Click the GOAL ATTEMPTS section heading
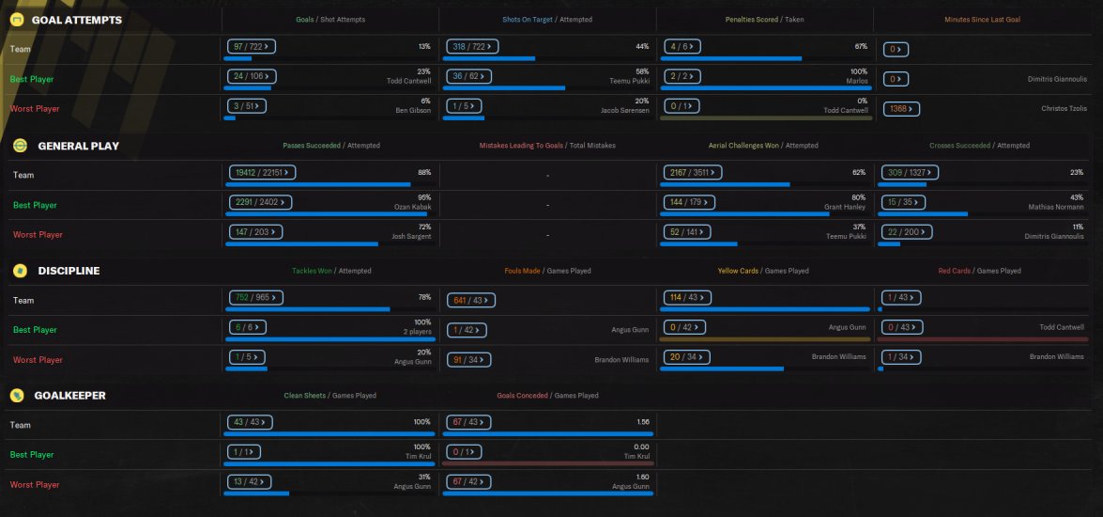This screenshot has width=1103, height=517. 76,20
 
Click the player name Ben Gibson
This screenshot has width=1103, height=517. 412,111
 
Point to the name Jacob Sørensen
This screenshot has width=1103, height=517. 624,111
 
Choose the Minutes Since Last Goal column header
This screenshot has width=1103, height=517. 982,20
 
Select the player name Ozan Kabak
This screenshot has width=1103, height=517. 412,206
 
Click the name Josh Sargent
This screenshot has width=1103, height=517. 412,236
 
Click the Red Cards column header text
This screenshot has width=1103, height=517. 955,271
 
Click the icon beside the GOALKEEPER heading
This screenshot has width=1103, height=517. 17,396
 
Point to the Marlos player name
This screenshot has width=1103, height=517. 857,81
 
